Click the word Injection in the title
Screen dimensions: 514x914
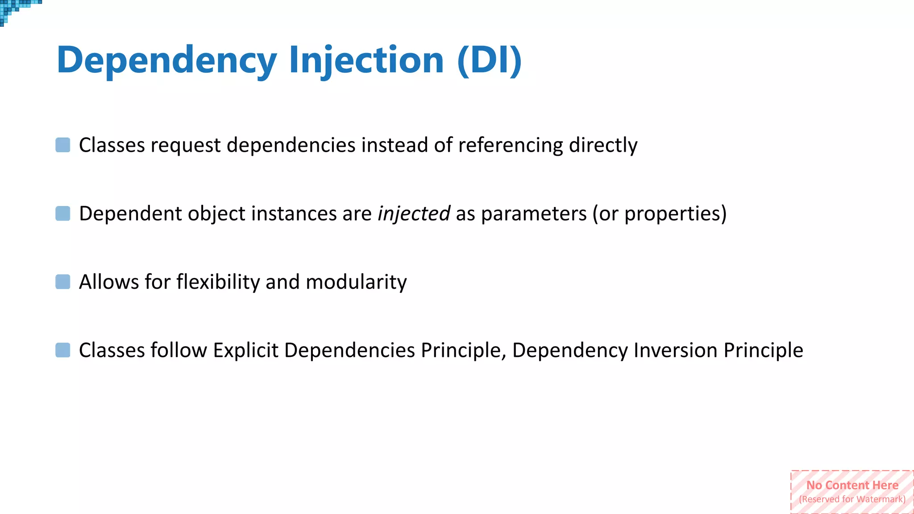pyautogui.click(x=366, y=60)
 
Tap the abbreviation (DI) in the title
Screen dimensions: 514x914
pyautogui.click(x=490, y=60)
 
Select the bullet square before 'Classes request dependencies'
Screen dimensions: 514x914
pyautogui.click(x=63, y=145)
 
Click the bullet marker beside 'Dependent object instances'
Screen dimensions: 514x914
pyautogui.click(x=63, y=213)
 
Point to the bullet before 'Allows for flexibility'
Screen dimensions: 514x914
pyautogui.click(x=63, y=282)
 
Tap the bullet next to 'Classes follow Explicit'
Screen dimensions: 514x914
pyautogui.click(x=63, y=350)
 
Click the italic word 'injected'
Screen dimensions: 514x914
pyautogui.click(x=414, y=213)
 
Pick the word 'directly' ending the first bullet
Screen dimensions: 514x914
pyautogui.click(x=603, y=145)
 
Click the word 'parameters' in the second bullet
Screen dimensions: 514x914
pyautogui.click(x=534, y=213)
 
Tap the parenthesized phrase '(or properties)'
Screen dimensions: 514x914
pyautogui.click(x=659, y=213)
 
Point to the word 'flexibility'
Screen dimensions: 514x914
pyautogui.click(x=218, y=282)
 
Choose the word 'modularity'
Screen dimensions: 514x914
pyautogui.click(x=356, y=282)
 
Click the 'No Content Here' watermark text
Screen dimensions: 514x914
pyautogui.click(x=852, y=485)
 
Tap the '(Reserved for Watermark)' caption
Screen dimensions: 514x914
pyautogui.click(x=852, y=499)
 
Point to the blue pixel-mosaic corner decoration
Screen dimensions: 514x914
pyautogui.click(x=16, y=9)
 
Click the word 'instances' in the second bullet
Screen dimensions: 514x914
pyautogui.click(x=294, y=213)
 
